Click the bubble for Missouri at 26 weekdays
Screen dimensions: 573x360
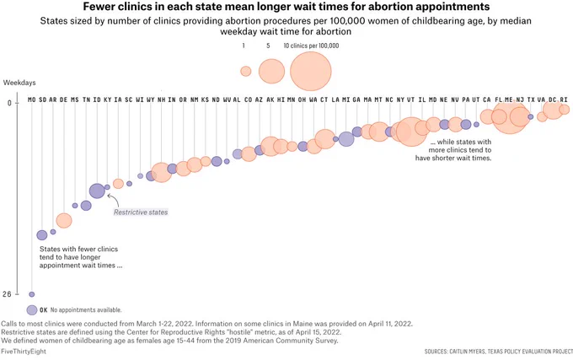[32, 294]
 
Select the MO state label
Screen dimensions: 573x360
[32, 99]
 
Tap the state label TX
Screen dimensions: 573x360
[531, 99]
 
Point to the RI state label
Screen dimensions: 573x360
[564, 99]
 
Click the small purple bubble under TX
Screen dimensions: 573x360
[531, 116]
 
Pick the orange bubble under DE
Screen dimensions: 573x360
[64, 221]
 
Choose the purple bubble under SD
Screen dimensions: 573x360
[42, 235]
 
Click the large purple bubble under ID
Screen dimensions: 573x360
[97, 191]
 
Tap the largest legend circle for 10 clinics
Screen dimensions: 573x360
[311, 71]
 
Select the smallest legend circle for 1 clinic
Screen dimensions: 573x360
[246, 71]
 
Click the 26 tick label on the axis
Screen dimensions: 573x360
[7, 294]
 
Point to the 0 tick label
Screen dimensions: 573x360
[9, 103]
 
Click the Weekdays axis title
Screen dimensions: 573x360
[19, 83]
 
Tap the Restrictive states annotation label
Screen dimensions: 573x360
[141, 212]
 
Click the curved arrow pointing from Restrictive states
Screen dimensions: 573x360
[114, 199]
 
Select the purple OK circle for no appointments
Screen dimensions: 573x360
[32, 310]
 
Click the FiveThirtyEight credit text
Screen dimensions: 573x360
[24, 352]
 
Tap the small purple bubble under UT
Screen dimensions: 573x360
[476, 124]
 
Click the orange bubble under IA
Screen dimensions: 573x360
[118, 184]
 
